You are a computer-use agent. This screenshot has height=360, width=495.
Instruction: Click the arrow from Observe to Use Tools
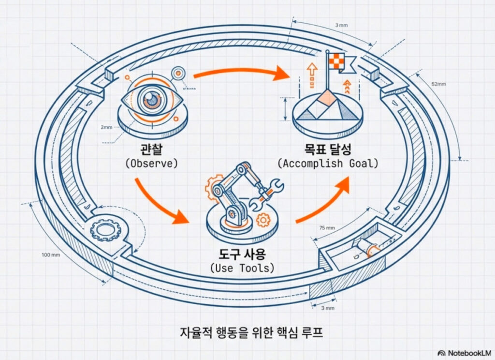click(159, 203)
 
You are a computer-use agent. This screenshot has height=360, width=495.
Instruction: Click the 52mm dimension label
click(439, 83)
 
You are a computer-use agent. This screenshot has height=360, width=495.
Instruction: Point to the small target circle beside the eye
click(179, 73)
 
